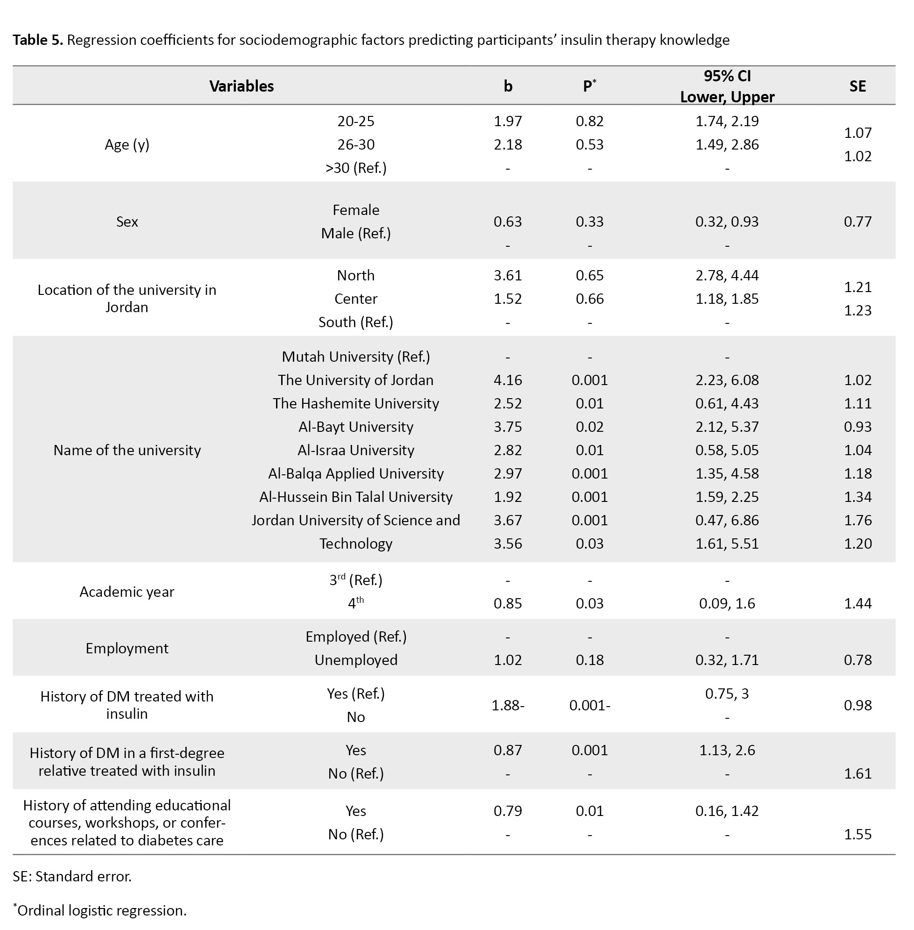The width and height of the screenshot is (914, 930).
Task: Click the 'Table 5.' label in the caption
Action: click(37, 40)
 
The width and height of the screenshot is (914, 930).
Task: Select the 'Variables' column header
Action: click(241, 86)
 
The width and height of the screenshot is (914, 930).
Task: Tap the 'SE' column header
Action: click(857, 86)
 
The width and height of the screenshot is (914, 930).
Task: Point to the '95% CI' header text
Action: click(727, 76)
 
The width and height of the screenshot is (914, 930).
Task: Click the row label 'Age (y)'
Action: click(127, 144)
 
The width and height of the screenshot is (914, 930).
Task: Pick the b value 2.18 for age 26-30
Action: click(507, 144)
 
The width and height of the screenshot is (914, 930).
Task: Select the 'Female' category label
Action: click(356, 210)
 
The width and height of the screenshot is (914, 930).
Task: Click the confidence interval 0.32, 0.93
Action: click(727, 222)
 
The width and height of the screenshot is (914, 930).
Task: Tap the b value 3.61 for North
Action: click(507, 275)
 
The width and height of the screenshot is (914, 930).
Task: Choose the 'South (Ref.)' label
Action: click(356, 322)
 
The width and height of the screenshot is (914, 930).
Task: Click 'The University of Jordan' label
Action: click(356, 380)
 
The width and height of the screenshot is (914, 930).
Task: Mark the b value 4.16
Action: click(507, 380)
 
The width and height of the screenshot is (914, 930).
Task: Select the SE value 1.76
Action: click(857, 520)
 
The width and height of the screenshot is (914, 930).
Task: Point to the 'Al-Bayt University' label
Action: click(356, 427)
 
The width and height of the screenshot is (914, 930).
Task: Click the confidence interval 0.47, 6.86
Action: click(727, 520)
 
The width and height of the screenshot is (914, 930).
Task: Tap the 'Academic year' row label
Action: click(127, 592)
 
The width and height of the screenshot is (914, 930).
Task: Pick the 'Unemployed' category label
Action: click(356, 660)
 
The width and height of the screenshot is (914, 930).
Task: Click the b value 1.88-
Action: click(507, 705)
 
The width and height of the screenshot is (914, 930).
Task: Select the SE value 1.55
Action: click(857, 834)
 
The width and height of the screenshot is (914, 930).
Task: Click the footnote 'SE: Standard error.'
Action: click(72, 877)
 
